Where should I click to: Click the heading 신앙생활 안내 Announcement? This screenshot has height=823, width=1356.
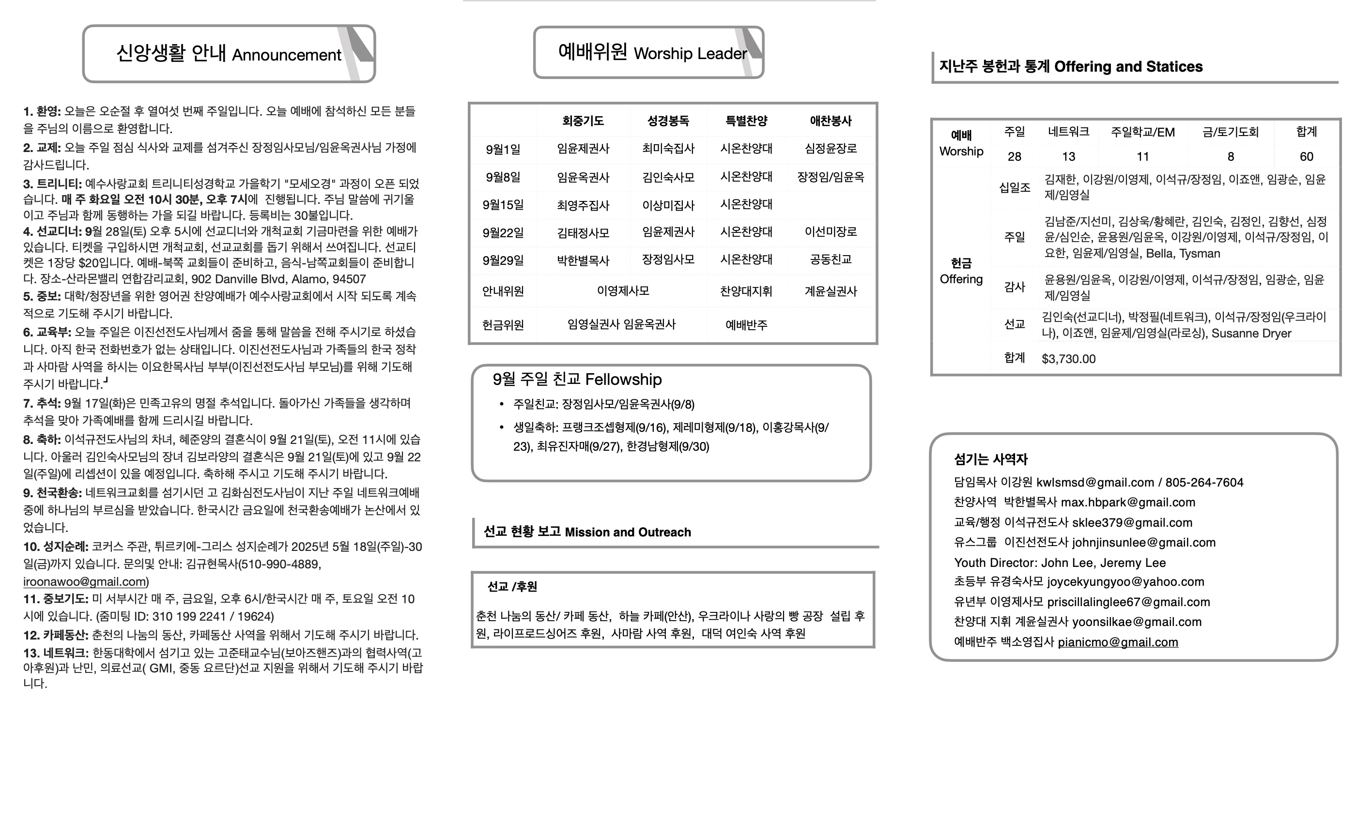click(x=229, y=54)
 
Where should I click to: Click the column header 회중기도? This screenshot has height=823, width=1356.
click(x=583, y=121)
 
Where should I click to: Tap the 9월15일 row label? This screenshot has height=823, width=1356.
click(x=503, y=205)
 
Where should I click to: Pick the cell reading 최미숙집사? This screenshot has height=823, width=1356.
click(x=668, y=149)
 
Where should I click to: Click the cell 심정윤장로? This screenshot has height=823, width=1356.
click(x=831, y=149)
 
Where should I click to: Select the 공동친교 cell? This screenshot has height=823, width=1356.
click(x=831, y=259)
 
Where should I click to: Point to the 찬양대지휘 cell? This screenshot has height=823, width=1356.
click(x=746, y=291)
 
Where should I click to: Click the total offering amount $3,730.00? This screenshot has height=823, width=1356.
click(x=1068, y=359)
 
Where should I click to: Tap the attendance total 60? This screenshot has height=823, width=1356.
click(x=1306, y=157)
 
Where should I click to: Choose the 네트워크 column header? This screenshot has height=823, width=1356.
click(x=1068, y=132)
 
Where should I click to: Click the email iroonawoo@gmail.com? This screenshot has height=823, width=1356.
click(x=85, y=581)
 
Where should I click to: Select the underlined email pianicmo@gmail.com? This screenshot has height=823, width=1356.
click(x=1118, y=642)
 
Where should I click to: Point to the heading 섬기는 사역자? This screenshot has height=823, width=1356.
click(x=990, y=459)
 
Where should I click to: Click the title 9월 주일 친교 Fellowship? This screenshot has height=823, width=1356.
click(x=577, y=380)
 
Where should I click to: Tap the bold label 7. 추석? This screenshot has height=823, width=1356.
click(x=42, y=403)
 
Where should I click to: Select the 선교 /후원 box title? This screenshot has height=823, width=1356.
click(x=512, y=587)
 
